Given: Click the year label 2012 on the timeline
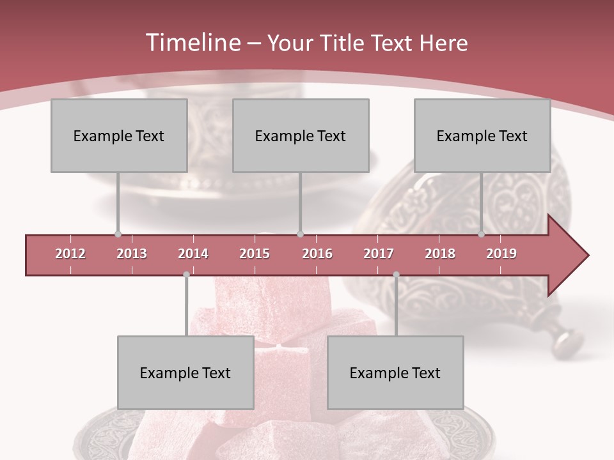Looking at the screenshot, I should click(x=70, y=254).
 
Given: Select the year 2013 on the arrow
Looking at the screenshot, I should click(x=132, y=254).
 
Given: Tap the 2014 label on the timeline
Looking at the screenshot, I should click(x=193, y=254).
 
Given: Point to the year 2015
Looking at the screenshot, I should click(x=255, y=254).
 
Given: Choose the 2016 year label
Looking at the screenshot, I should click(x=317, y=254).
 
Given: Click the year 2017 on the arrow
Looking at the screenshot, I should click(x=379, y=254).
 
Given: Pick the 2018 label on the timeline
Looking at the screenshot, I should click(x=440, y=254).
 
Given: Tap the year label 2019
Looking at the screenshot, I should click(x=501, y=254).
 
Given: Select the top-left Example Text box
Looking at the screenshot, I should click(x=119, y=135).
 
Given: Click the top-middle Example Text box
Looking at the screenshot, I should click(x=301, y=135).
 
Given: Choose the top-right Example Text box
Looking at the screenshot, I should click(x=482, y=135).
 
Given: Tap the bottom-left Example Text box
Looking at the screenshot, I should click(x=185, y=372).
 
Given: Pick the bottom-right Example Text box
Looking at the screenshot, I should click(x=395, y=372).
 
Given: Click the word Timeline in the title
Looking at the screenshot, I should click(x=191, y=43).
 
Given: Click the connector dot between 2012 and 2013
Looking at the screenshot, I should click(x=118, y=234).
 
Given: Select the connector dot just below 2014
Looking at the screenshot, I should click(x=186, y=274).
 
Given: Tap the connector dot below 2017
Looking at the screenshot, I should click(x=396, y=274).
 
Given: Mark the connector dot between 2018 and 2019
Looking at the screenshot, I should click(x=481, y=234).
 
